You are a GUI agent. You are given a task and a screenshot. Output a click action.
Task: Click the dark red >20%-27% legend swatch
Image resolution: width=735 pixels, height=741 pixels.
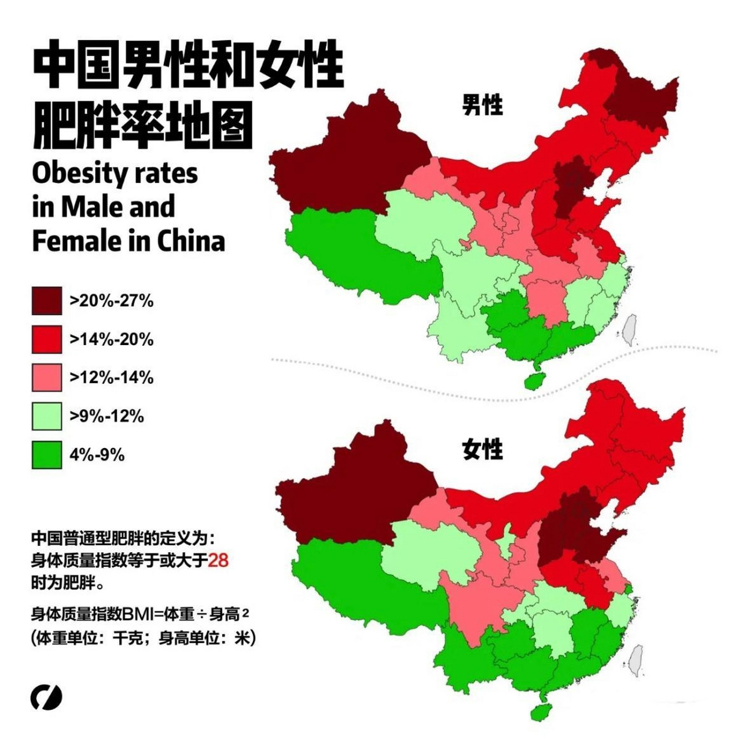[x=46, y=300]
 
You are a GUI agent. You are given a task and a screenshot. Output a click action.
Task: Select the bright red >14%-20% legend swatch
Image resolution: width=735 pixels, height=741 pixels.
[x=46, y=339]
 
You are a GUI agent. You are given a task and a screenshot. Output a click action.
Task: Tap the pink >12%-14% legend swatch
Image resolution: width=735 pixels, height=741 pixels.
[x=46, y=377]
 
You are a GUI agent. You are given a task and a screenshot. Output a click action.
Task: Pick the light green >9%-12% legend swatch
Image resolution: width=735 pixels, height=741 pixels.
[x=46, y=416]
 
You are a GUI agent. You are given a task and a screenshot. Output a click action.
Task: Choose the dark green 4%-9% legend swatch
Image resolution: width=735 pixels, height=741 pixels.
[x=46, y=454]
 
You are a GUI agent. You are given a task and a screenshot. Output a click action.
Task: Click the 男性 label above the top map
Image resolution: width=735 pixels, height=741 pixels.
[x=482, y=105]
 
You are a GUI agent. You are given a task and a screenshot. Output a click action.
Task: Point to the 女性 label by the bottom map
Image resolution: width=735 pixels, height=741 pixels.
[x=482, y=449]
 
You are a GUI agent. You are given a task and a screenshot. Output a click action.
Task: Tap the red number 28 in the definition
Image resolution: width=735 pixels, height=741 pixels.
[x=218, y=560]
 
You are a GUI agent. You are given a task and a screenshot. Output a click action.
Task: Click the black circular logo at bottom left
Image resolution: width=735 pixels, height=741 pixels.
[x=46, y=698]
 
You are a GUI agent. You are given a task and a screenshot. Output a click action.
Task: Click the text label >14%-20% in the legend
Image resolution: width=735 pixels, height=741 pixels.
[x=112, y=339]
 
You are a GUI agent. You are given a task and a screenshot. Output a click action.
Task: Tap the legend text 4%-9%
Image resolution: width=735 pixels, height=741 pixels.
[x=97, y=455]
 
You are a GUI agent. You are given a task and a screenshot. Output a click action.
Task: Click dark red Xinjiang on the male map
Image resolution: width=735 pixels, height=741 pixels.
[x=347, y=162]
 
